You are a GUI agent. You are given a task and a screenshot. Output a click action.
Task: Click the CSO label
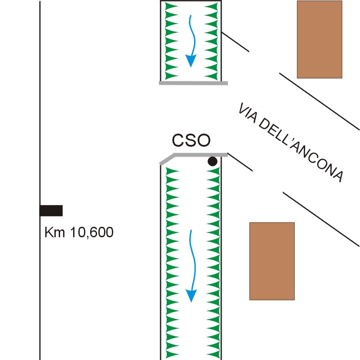coord(191,140)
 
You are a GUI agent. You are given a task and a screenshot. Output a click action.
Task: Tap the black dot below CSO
coord(212,161)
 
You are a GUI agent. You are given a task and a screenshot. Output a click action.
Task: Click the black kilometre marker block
coord(51,211)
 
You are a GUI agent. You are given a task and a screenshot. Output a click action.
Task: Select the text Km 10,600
coord(79,233)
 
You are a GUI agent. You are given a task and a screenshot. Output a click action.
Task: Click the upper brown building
coord(319,39)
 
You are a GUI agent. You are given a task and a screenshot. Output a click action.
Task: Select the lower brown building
coord(272,261)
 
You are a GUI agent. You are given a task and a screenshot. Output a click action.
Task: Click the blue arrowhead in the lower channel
coord(191,296)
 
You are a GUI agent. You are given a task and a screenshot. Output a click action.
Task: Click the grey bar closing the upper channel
coord(193,83)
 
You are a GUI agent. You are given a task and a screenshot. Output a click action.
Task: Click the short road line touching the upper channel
coord(235,42)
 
